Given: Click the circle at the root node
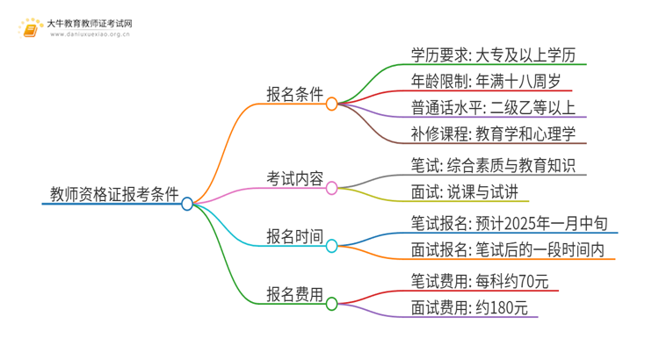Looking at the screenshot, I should coord(187,204).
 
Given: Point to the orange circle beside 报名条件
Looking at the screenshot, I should coord(331,104).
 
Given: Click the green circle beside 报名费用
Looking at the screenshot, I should coord(331,305).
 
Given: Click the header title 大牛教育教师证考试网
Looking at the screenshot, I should coord(97,24).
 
